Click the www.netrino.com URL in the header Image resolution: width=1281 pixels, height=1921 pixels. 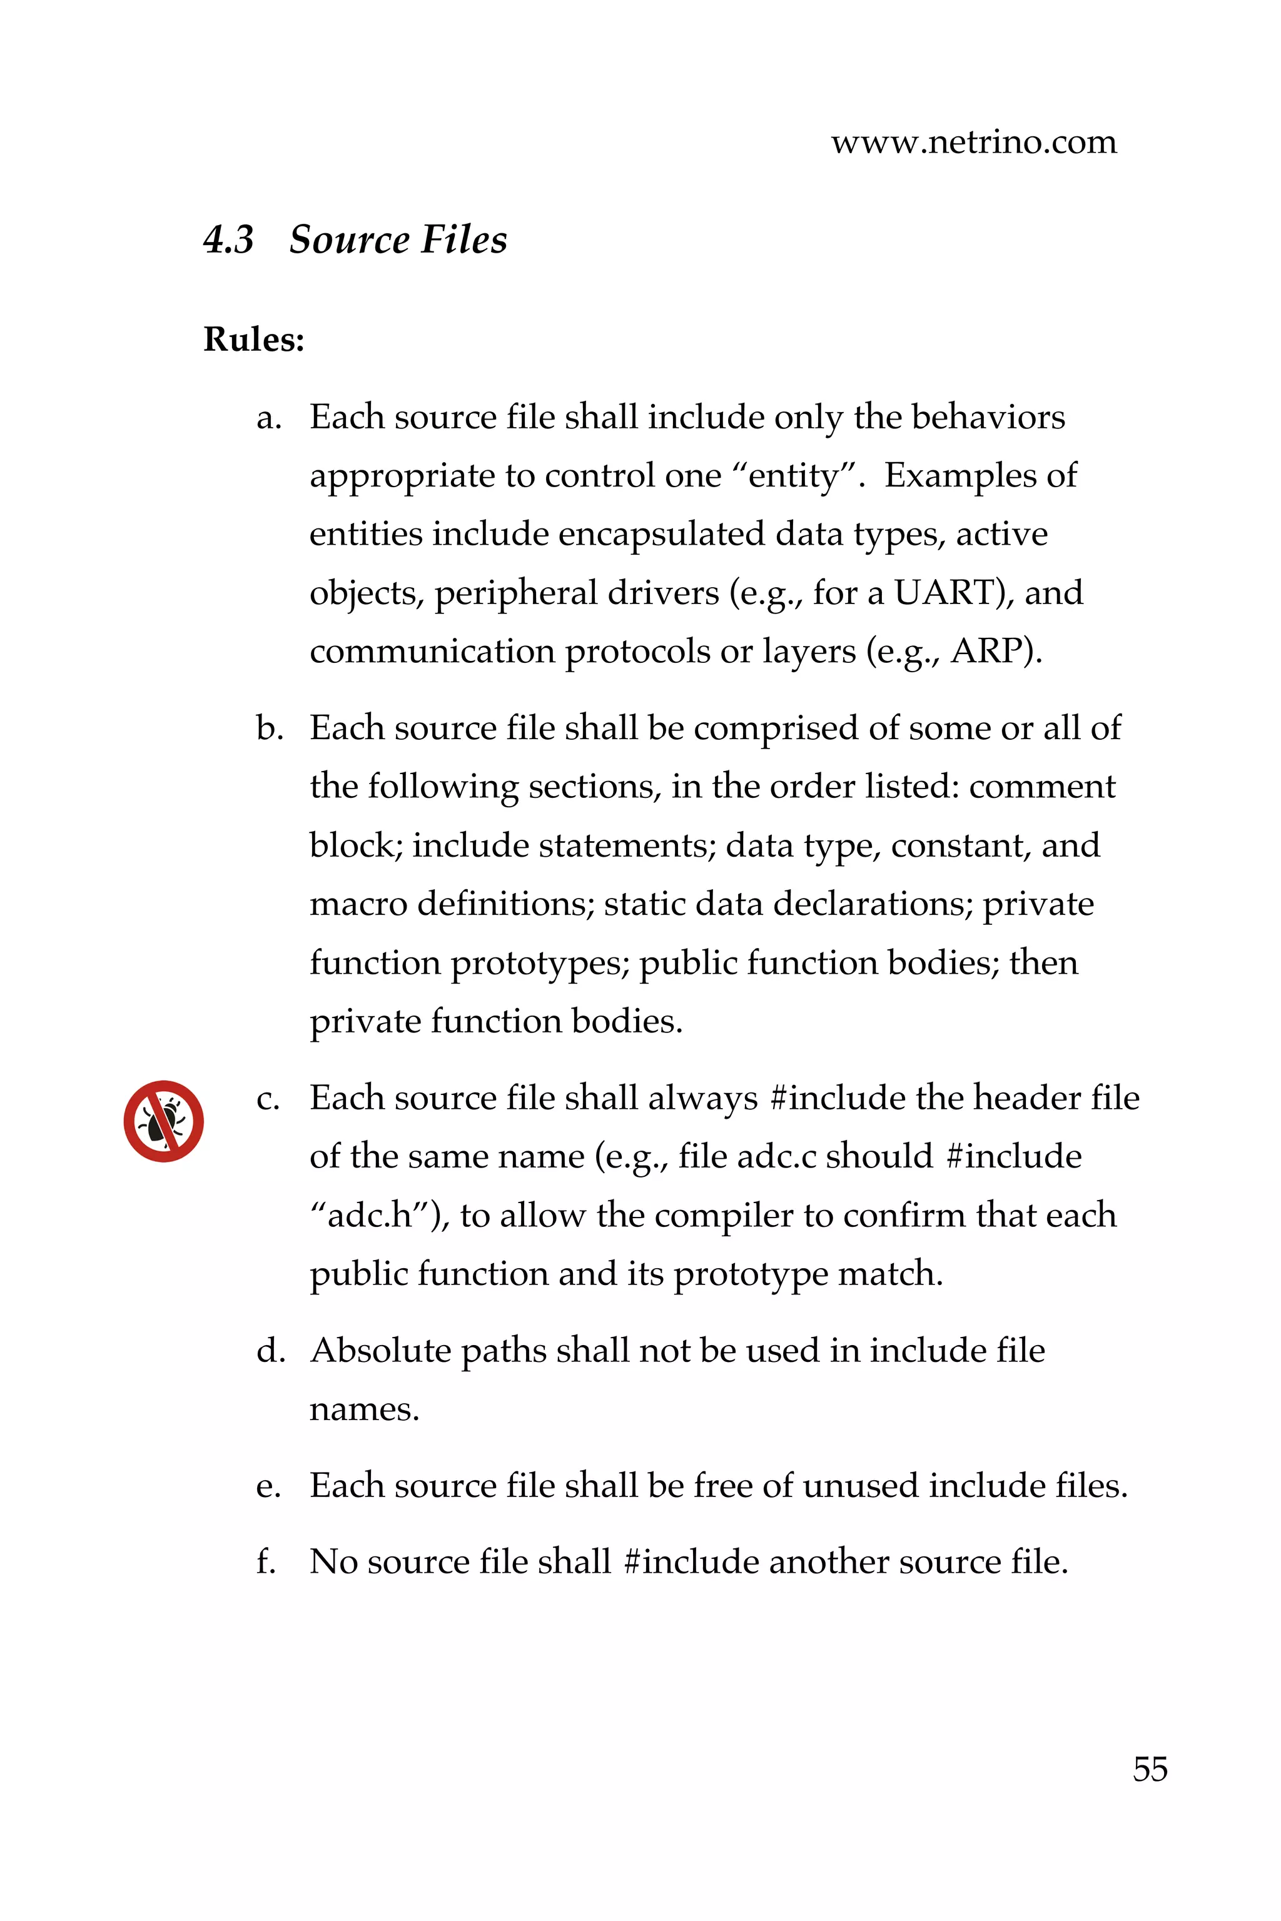pos(973,143)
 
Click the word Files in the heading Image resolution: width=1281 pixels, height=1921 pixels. pos(464,240)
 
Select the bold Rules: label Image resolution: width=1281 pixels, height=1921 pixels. pos(253,340)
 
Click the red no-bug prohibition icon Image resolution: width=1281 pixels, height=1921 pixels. pos(163,1121)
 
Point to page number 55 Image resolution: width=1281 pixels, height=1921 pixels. pos(1150,1769)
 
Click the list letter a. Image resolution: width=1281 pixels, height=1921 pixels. pos(267,418)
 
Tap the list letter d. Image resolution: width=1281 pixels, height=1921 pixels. pos(269,1351)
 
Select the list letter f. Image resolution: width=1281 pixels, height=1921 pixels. pos(265,1561)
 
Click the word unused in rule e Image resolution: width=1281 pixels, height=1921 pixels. pos(860,1486)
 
